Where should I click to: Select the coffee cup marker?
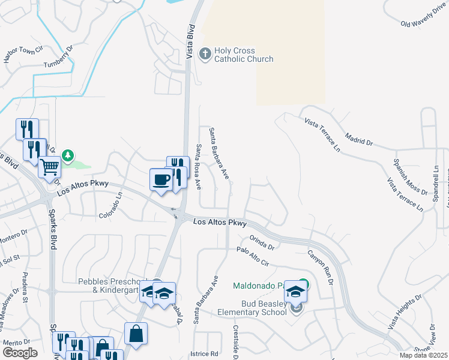[x=161, y=179]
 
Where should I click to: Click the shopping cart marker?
[x=50, y=166]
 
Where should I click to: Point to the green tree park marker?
[x=68, y=156]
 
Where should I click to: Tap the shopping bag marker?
[x=136, y=333]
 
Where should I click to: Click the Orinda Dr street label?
[x=262, y=242]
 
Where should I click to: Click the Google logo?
[x=20, y=352]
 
